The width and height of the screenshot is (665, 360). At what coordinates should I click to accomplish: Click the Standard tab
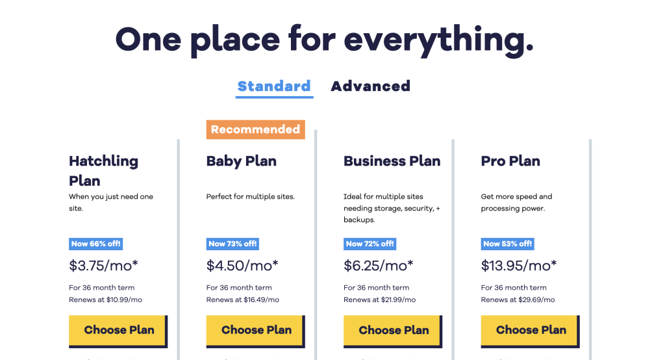pyautogui.click(x=274, y=86)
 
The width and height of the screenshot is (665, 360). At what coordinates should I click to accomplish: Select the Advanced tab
pyautogui.click(x=370, y=86)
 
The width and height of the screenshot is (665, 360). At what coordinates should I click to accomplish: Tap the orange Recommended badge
pyautogui.click(x=255, y=129)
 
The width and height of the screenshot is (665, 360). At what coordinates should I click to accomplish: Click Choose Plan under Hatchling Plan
pyautogui.click(x=118, y=330)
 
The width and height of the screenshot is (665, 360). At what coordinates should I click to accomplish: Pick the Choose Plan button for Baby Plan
pyautogui.click(x=256, y=330)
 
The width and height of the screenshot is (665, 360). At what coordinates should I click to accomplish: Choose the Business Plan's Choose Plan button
pyautogui.click(x=393, y=330)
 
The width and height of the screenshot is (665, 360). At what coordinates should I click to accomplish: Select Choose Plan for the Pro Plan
pyautogui.click(x=531, y=330)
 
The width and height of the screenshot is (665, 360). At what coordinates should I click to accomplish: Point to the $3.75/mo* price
pyautogui.click(x=104, y=265)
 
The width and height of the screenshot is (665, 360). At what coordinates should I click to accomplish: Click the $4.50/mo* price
pyautogui.click(x=242, y=265)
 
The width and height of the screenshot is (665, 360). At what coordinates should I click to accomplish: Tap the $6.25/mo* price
pyautogui.click(x=379, y=265)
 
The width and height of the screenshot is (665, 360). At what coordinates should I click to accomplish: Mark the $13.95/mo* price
pyautogui.click(x=519, y=265)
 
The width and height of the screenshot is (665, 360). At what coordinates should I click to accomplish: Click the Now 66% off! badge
pyautogui.click(x=96, y=244)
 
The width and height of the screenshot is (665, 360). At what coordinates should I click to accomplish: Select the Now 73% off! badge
pyautogui.click(x=233, y=244)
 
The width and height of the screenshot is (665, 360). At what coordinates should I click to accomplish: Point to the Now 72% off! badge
pyautogui.click(x=370, y=244)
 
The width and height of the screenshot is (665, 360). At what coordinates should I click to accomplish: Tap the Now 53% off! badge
pyautogui.click(x=508, y=244)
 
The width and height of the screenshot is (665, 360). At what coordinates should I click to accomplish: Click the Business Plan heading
pyautogui.click(x=392, y=161)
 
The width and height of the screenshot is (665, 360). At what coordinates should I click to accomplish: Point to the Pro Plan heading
pyautogui.click(x=510, y=161)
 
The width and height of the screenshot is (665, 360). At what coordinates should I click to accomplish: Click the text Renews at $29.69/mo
pyautogui.click(x=518, y=300)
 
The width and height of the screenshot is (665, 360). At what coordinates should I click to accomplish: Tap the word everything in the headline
pyautogui.click(x=438, y=40)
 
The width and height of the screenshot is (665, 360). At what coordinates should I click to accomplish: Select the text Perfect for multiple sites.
pyautogui.click(x=250, y=196)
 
